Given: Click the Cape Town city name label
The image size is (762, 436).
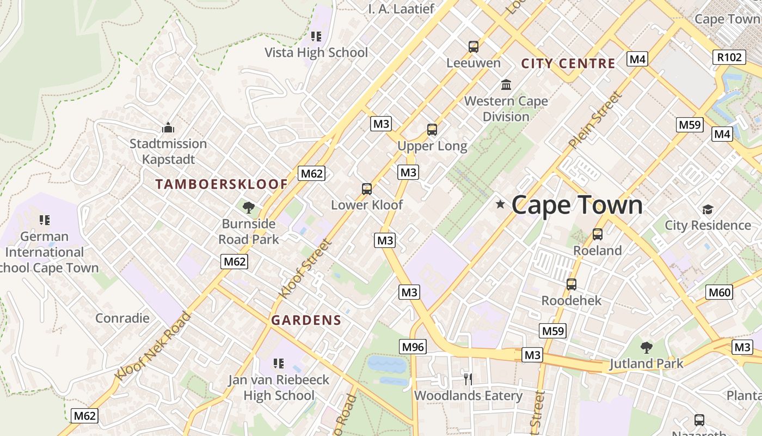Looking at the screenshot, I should pyautogui.click(x=577, y=205).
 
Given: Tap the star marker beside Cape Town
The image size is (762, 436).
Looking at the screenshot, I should pyautogui.click(x=500, y=204).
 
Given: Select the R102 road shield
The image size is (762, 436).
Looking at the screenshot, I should pyautogui.click(x=729, y=57).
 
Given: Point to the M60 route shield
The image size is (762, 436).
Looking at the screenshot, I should pyautogui.click(x=720, y=292).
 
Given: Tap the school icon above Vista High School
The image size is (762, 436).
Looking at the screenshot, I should pyautogui.click(x=316, y=37).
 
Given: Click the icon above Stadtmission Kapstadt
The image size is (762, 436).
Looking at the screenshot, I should pyautogui.click(x=168, y=128).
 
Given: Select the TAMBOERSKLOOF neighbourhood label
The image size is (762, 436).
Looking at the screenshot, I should pyautogui.click(x=222, y=184).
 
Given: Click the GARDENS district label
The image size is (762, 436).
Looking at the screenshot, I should pyautogui.click(x=306, y=320).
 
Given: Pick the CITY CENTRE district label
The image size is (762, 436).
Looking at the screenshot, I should pyautogui.click(x=568, y=63).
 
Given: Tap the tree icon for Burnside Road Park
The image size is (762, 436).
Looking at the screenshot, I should pyautogui.click(x=249, y=208).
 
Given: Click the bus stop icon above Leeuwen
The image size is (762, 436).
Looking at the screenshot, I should pyautogui.click(x=474, y=47).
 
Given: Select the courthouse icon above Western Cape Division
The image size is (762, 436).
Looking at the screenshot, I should pyautogui.click(x=506, y=84).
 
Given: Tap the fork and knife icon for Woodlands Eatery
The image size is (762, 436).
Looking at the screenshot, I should pyautogui.click(x=468, y=379).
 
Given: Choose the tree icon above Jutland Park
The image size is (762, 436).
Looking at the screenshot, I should pyautogui.click(x=646, y=347).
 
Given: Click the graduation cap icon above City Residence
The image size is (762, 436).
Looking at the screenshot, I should pyautogui.click(x=708, y=209).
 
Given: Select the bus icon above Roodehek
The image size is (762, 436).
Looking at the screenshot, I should pyautogui.click(x=571, y=284).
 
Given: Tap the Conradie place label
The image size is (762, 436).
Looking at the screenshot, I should pyautogui.click(x=122, y=318).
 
